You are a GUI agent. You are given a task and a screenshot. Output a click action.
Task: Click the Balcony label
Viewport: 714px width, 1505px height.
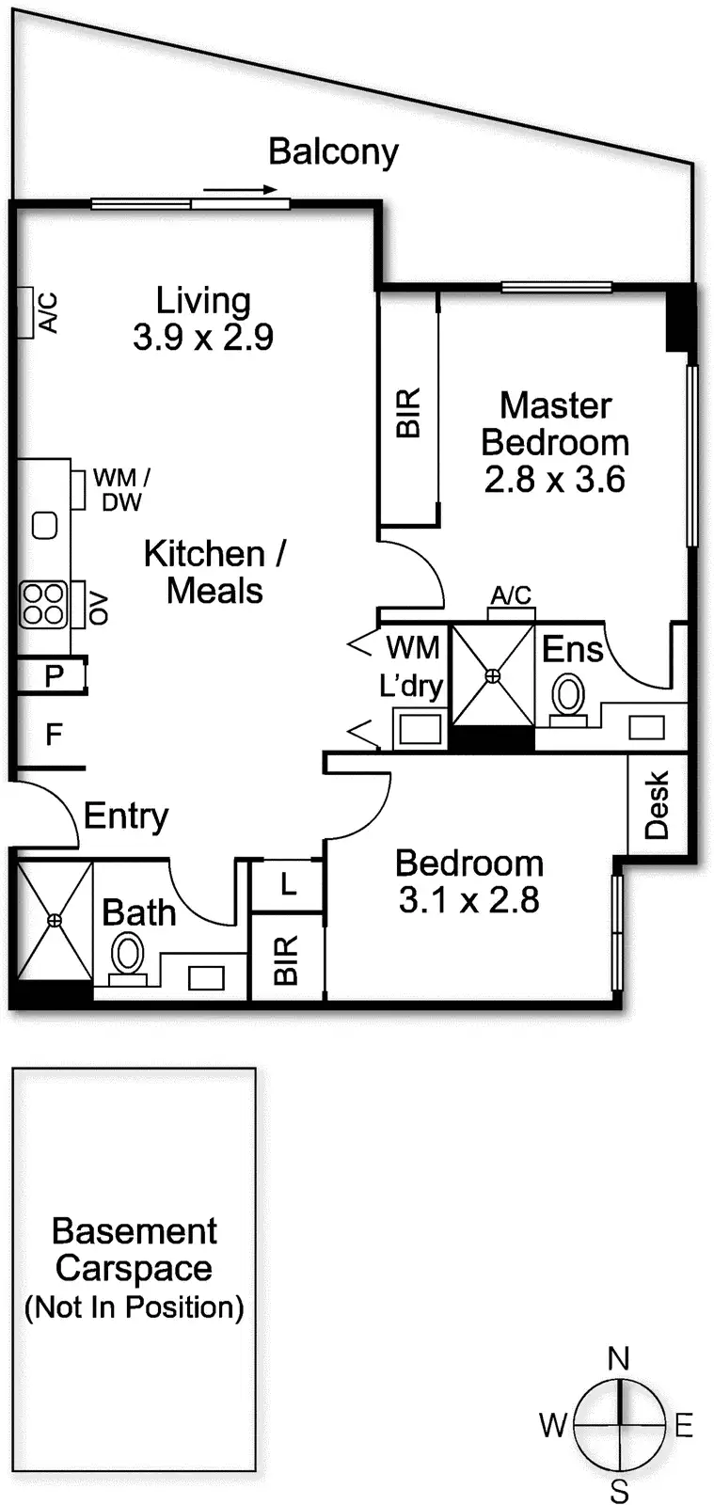pyautogui.click(x=333, y=151)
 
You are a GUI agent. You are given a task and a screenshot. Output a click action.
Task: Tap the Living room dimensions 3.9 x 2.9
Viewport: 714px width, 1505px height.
pyautogui.click(x=203, y=337)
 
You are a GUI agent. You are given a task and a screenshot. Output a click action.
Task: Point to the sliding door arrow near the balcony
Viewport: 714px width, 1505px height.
pyautogui.click(x=240, y=189)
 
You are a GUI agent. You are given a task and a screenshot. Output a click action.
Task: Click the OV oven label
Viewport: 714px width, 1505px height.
pyautogui.click(x=99, y=609)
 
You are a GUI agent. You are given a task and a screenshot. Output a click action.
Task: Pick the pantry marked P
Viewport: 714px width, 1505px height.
pyautogui.click(x=54, y=675)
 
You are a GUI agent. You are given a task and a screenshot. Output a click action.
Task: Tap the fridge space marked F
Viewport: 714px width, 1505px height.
pyautogui.click(x=55, y=734)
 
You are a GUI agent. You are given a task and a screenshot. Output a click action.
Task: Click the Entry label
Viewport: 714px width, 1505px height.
pyautogui.click(x=126, y=816)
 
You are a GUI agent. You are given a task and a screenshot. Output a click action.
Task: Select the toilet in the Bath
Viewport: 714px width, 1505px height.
pyautogui.click(x=127, y=956)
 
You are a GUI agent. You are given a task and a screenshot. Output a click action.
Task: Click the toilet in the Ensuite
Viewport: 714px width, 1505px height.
pyautogui.click(x=568, y=697)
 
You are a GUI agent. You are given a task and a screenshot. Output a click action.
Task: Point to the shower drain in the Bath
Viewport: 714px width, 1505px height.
pyautogui.click(x=55, y=921)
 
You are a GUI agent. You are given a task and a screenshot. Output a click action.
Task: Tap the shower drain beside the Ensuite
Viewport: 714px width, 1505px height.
pyautogui.click(x=493, y=675)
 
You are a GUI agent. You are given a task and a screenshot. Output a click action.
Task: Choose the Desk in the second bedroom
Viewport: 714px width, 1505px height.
pyautogui.click(x=657, y=804)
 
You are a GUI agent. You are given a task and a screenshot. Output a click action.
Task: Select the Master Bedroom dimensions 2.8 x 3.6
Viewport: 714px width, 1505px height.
pyautogui.click(x=554, y=480)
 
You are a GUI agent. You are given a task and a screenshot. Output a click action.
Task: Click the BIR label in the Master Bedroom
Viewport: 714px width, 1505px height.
pyautogui.click(x=408, y=413)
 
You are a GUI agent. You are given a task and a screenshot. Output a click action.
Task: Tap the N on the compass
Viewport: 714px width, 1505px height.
pyautogui.click(x=618, y=1358)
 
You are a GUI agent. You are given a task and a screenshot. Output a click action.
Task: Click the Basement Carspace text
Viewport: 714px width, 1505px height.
pyautogui.click(x=135, y=1249)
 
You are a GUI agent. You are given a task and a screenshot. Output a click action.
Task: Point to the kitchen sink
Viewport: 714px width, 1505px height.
pyautogui.click(x=44, y=524)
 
